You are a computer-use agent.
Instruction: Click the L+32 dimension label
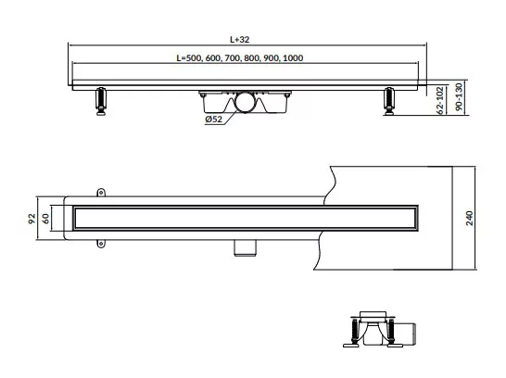(x=239, y=39)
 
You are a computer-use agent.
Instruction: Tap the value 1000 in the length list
(x=293, y=58)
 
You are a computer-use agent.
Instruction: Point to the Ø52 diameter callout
(x=214, y=120)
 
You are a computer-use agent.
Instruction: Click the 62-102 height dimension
(x=440, y=100)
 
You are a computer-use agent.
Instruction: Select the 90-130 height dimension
(x=459, y=96)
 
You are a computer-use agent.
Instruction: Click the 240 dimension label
(x=469, y=218)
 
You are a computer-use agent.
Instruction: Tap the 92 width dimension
(x=32, y=219)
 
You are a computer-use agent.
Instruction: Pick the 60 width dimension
(x=45, y=219)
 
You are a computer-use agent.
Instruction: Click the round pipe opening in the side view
(x=246, y=102)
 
